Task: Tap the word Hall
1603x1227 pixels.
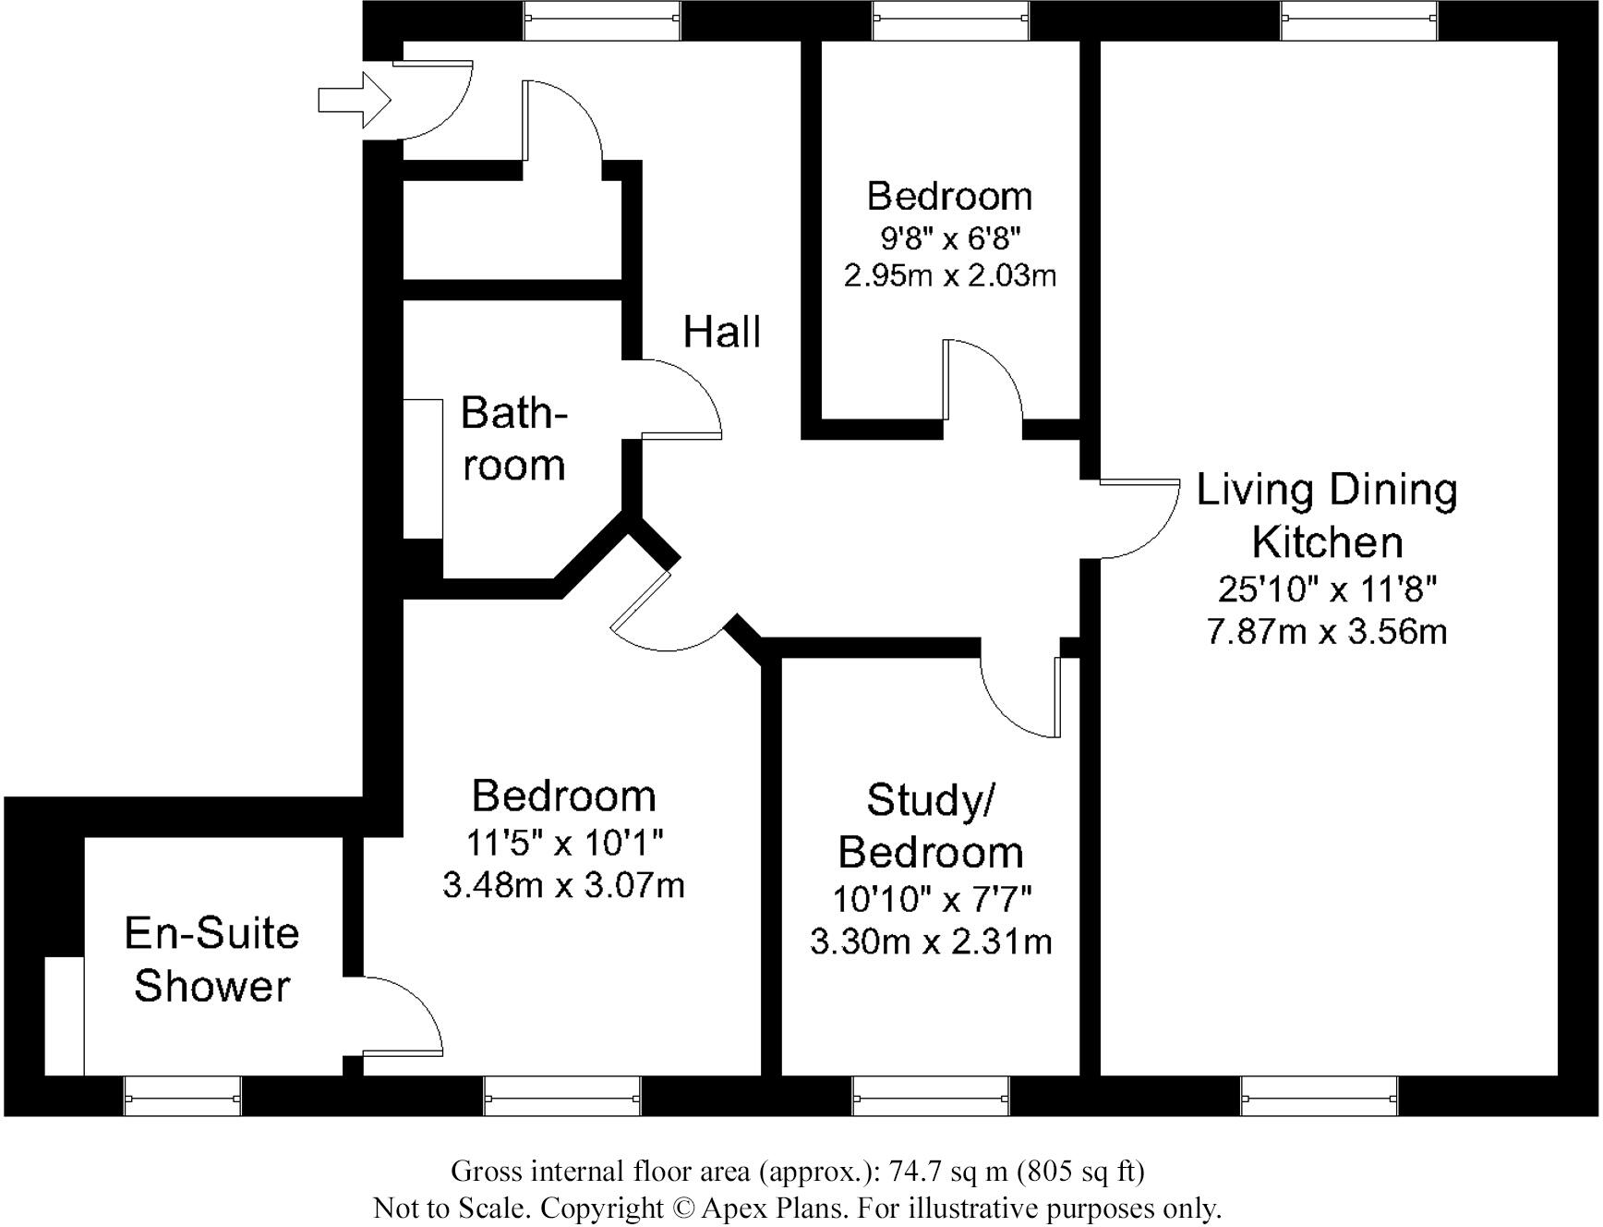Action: [x=722, y=332]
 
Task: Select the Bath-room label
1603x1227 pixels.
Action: [x=513, y=439]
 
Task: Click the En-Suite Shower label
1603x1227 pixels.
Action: [x=212, y=959]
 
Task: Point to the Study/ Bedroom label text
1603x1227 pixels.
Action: [x=930, y=826]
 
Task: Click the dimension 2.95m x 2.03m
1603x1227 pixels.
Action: [x=949, y=275]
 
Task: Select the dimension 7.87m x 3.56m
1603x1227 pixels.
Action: [x=1327, y=632]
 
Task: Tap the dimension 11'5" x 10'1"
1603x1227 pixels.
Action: [x=563, y=843]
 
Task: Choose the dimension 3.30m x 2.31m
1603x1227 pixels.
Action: [x=931, y=942]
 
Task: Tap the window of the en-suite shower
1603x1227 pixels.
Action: [x=183, y=1098]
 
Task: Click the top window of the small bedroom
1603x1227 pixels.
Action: [x=950, y=20]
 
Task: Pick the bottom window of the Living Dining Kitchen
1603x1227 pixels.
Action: [x=1319, y=1098]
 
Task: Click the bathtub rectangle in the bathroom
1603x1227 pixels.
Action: [x=424, y=468]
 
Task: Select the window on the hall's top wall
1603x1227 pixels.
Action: [x=602, y=20]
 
